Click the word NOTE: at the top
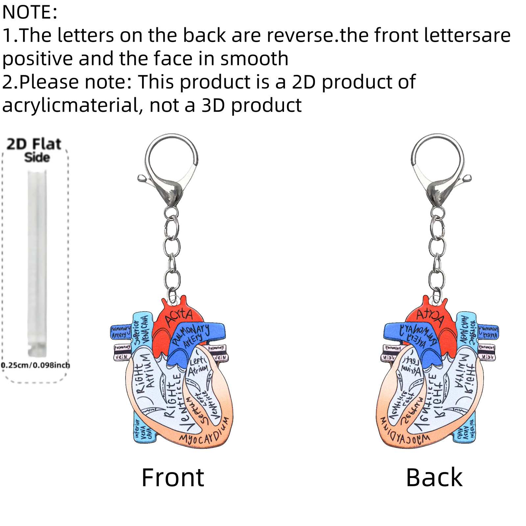tap(30, 12)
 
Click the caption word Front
tap(173, 477)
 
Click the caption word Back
tap(434, 477)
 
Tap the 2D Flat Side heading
tap(35, 150)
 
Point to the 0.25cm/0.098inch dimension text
tap(35, 365)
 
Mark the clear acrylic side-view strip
tap(37, 263)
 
